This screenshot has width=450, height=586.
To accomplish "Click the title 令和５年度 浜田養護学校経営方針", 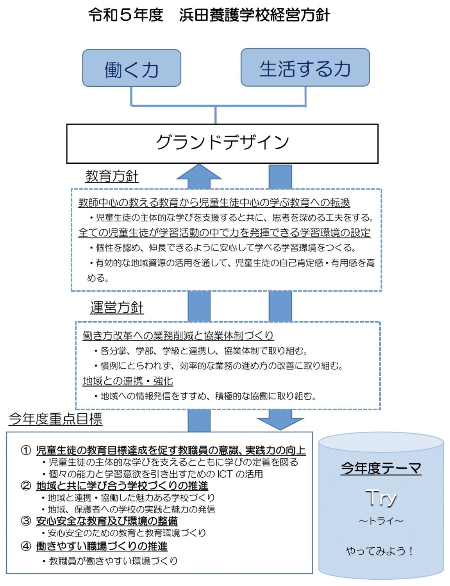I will tap(209, 15).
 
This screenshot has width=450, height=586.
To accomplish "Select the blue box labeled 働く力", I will tap(131, 68).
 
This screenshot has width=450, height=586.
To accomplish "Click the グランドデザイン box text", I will tap(222, 143).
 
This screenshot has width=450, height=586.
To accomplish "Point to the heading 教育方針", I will tap(112, 176).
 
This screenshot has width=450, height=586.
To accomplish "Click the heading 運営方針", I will tap(117, 307).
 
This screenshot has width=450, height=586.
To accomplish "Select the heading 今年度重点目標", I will tap(55, 419).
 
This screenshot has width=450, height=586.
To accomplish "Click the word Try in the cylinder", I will tap(381, 498).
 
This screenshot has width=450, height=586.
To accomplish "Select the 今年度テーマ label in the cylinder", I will tap(381, 468).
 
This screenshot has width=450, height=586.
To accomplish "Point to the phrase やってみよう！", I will tap(379, 551).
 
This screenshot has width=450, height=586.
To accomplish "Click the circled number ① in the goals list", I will tap(26, 450).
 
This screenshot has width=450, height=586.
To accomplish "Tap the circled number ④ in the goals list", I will tap(26, 546).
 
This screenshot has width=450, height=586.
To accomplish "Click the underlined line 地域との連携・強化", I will tap(128, 381).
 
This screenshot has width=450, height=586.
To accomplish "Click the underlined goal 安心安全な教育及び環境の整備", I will tap(107, 521).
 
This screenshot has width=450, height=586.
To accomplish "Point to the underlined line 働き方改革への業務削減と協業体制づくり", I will tap(178, 336).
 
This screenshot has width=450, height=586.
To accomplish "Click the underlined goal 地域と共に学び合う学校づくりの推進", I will tap(122, 486).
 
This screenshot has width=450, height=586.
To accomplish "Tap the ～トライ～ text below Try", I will tap(381, 521).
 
